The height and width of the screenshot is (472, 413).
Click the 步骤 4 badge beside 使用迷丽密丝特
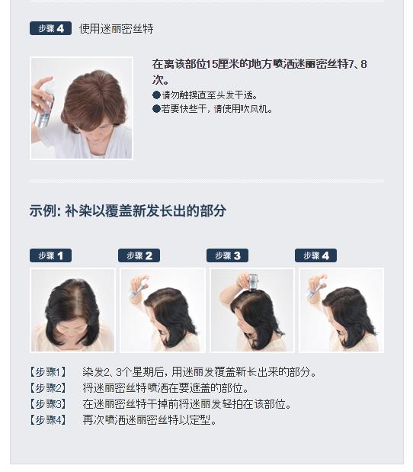pyautogui.click(x=50, y=28)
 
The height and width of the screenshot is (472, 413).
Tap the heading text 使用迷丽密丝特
pyautogui.click(x=116, y=29)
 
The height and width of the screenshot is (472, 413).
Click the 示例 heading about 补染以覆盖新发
pyautogui.click(x=127, y=210)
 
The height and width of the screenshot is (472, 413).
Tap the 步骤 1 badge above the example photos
pyautogui.click(x=50, y=255)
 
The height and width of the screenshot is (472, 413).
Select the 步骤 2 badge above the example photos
pyautogui.click(x=139, y=255)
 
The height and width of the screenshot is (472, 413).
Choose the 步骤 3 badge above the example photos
pyautogui.click(x=227, y=255)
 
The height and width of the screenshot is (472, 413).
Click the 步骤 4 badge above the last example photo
pyautogui.click(x=315, y=255)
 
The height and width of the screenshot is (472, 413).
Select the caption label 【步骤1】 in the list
pyautogui.click(x=47, y=372)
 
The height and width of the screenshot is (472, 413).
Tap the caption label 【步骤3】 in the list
pyautogui.click(x=47, y=404)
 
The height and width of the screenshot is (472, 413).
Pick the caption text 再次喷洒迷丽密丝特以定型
pyautogui.click(x=150, y=420)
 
